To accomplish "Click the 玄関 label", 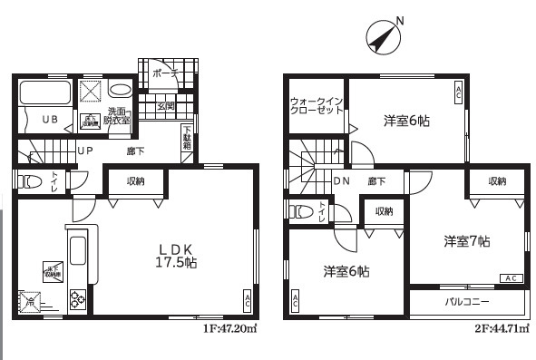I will click(x=165, y=106).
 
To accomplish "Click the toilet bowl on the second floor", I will click(x=300, y=211).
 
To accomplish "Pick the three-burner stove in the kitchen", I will click(x=76, y=300).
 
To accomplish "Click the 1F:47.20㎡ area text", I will click(x=230, y=329).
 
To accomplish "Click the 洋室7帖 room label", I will click(x=467, y=241).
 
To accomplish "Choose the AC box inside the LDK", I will click(x=248, y=300).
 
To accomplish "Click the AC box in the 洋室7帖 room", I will click(x=510, y=277).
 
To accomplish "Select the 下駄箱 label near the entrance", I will click(x=187, y=140).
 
